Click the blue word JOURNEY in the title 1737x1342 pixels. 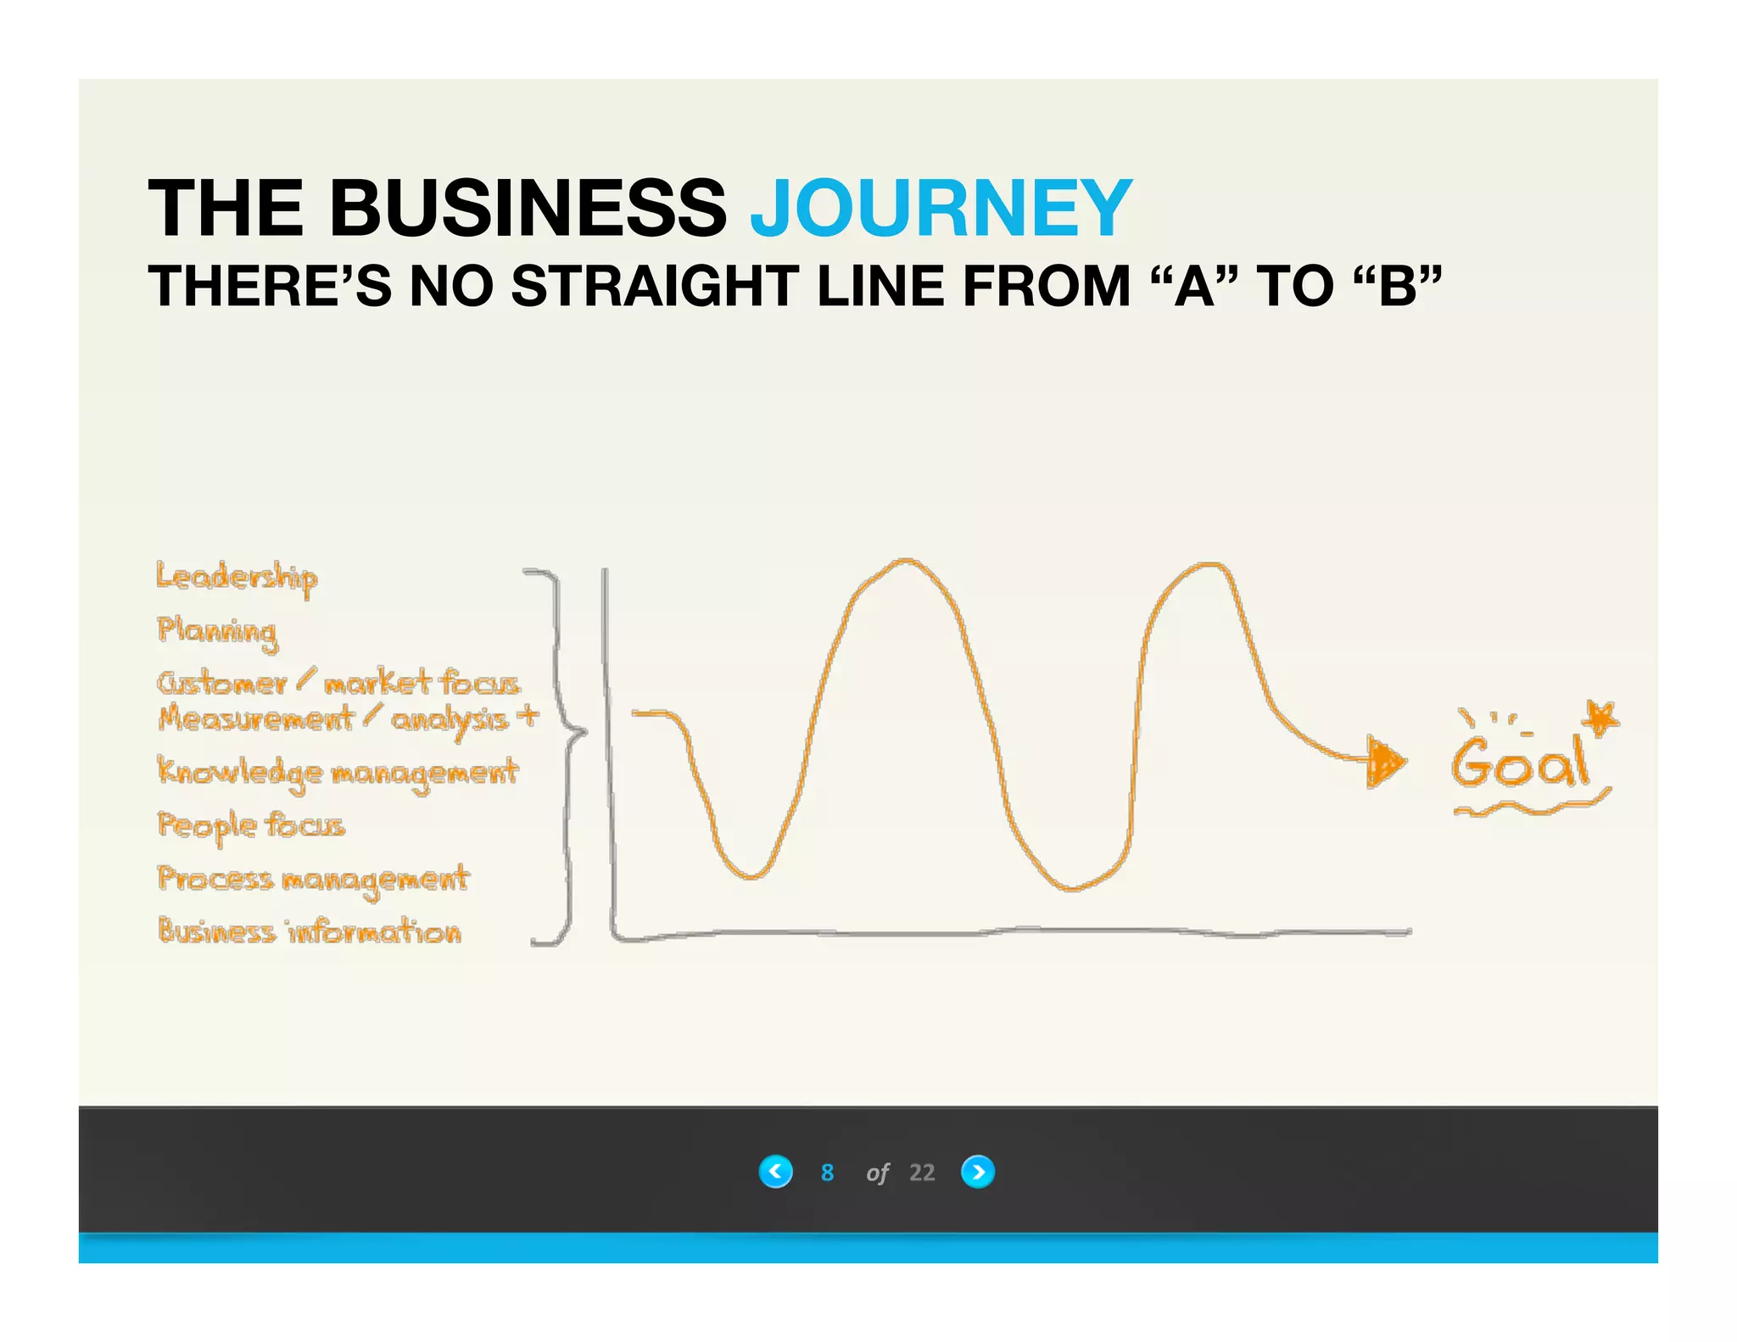point(941,209)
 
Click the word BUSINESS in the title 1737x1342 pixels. point(528,209)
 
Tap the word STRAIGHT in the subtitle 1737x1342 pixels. point(654,286)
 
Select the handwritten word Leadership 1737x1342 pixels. point(237,579)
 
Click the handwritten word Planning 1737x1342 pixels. point(217,632)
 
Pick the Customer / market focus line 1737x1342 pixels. point(338,683)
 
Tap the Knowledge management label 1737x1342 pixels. point(338,773)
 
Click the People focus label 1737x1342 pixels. point(251,825)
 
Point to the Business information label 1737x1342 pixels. point(310,932)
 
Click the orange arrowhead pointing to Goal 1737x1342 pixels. point(1384,763)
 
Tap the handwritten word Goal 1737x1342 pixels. point(1518,763)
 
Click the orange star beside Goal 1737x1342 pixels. point(1601,718)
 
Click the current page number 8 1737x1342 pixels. point(827,1172)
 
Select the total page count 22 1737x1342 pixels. point(922,1172)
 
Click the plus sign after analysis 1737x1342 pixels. point(528,717)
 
